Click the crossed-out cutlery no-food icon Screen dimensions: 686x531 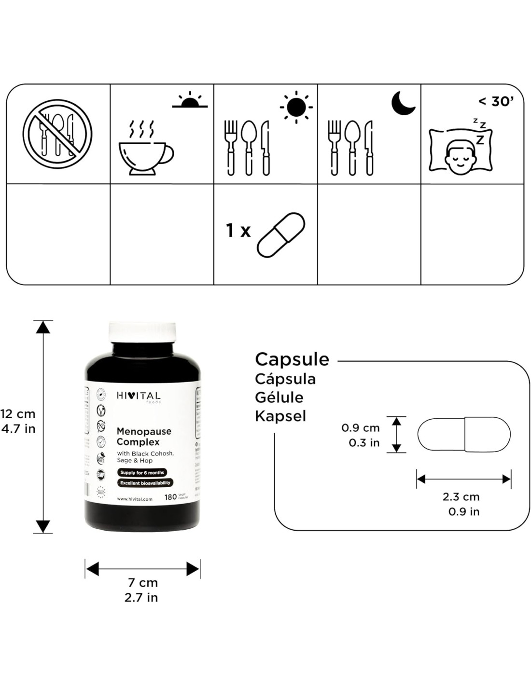click(x=57, y=134)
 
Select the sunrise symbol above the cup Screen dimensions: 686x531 click(x=190, y=100)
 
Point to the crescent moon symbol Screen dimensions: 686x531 click(x=403, y=103)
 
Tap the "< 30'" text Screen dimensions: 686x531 click(x=496, y=102)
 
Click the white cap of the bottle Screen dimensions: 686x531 click(x=142, y=332)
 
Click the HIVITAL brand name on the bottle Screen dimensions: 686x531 click(x=139, y=396)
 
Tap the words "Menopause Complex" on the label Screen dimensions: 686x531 click(x=144, y=436)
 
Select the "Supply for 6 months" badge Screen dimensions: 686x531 click(x=142, y=472)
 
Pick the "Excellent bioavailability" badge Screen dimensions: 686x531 click(x=145, y=482)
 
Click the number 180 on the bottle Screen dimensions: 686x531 click(x=170, y=497)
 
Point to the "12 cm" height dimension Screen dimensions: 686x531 click(x=18, y=413)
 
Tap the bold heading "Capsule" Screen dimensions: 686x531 click(x=292, y=359)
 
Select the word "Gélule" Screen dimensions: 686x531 click(x=279, y=398)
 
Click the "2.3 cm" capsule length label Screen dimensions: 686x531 click(x=461, y=496)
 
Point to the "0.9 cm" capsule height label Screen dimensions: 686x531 click(x=360, y=427)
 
